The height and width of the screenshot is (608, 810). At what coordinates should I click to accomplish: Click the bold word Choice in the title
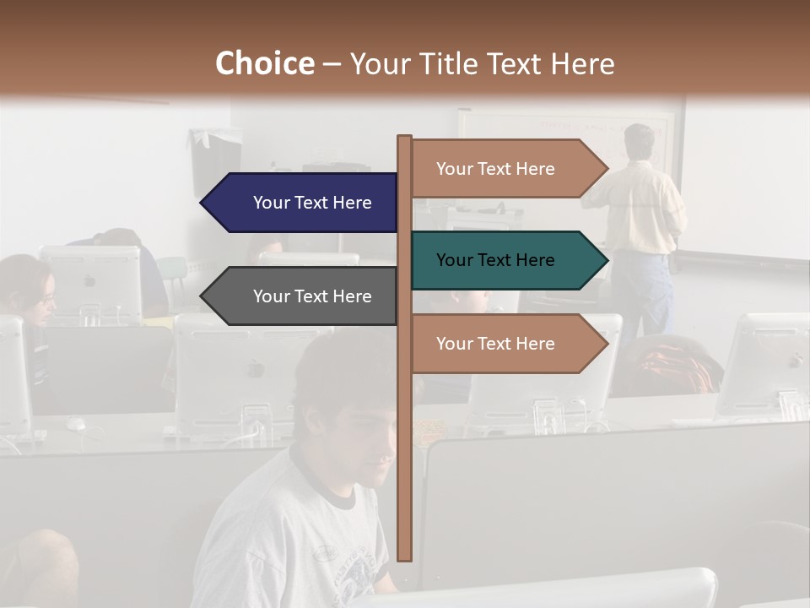click(x=264, y=64)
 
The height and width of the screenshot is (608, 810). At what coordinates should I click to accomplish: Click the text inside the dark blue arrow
click(x=312, y=203)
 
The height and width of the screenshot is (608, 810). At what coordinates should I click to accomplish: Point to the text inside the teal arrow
click(x=495, y=260)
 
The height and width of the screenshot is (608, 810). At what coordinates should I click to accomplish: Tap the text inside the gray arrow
click(x=312, y=296)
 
